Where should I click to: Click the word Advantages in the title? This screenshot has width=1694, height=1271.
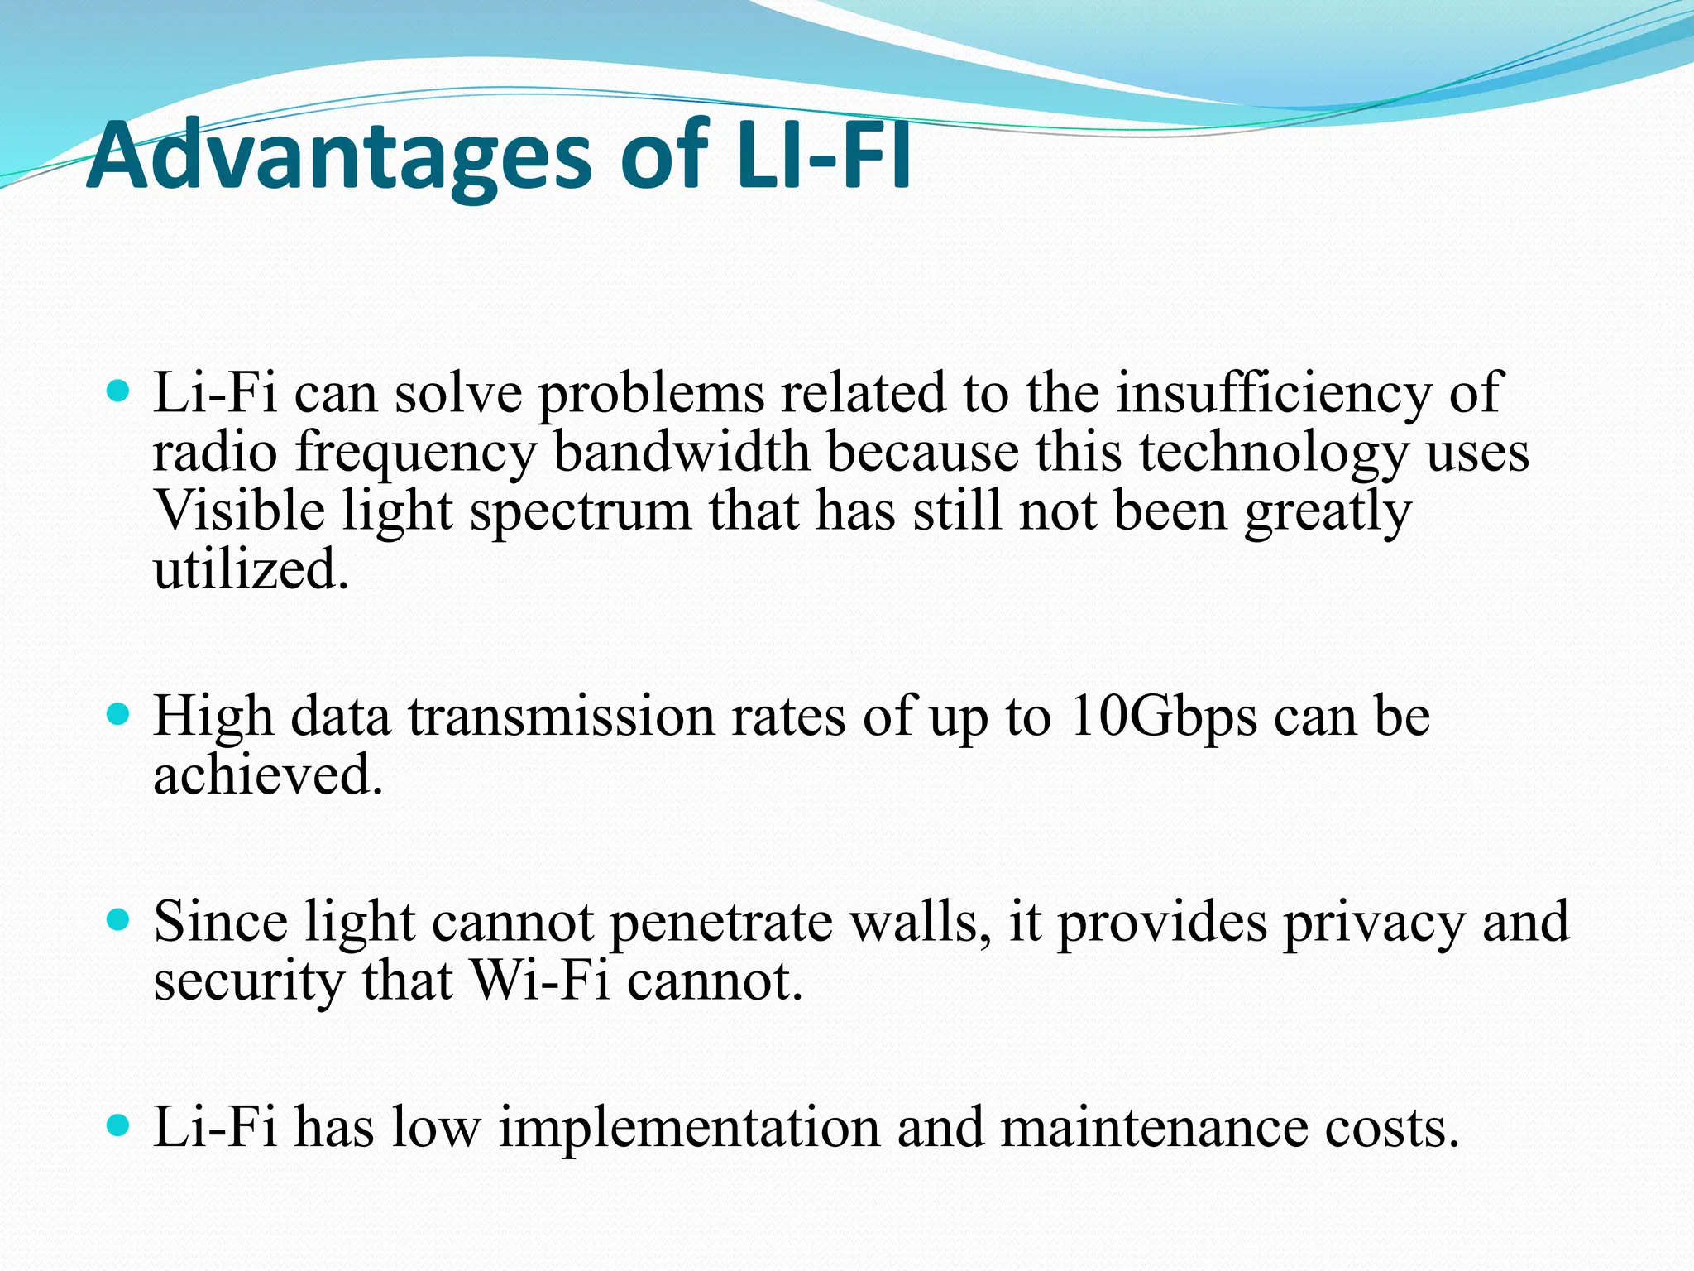click(339, 156)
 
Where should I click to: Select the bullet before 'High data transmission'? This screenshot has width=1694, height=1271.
click(119, 713)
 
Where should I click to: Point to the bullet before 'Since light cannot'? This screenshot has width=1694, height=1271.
click(119, 918)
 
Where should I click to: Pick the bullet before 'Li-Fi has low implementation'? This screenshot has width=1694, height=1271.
click(119, 1125)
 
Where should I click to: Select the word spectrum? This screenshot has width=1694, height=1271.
click(580, 511)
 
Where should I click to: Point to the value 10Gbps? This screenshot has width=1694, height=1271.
click(1162, 717)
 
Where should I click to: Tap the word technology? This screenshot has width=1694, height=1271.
click(1274, 453)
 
